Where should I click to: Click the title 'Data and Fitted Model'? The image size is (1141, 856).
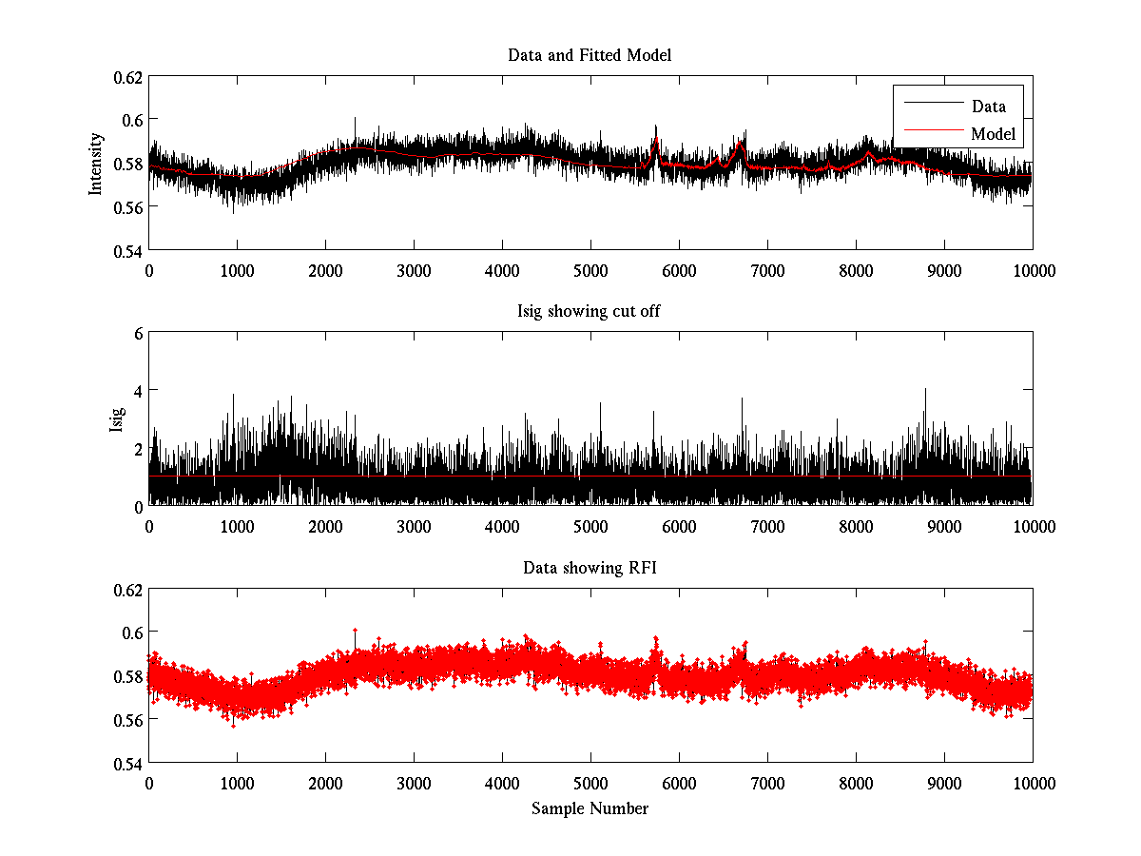590,55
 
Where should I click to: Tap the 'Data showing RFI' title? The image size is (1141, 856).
590,568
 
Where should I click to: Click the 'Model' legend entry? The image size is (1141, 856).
994,134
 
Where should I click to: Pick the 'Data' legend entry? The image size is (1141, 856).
988,106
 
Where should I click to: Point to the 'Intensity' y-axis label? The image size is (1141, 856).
95,164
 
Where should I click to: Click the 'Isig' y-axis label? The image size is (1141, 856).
117,419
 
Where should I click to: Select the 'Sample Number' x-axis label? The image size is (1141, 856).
590,808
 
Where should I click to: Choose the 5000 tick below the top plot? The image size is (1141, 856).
590,270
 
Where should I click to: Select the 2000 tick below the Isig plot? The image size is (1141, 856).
325,526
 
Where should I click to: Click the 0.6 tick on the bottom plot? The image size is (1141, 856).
133,632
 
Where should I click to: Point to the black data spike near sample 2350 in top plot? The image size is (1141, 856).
355,120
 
